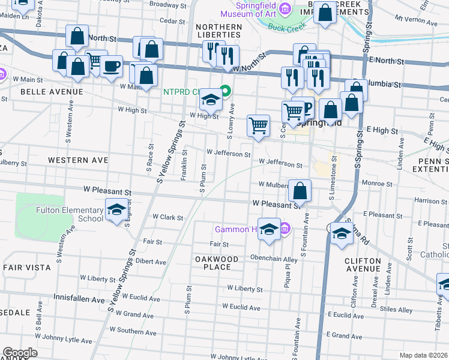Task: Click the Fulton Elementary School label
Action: tap(70, 214)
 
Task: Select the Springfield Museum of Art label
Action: tap(249, 9)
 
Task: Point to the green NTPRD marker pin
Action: tap(225, 92)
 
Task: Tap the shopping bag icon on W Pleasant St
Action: tap(300, 191)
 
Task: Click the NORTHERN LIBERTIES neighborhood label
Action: tap(218, 31)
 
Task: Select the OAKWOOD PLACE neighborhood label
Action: tap(217, 263)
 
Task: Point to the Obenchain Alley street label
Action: tap(274, 259)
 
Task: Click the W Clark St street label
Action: tap(167, 217)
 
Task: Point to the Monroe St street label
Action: tap(377, 184)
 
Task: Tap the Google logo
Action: tap(20, 353)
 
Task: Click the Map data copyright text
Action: tap(424, 355)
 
